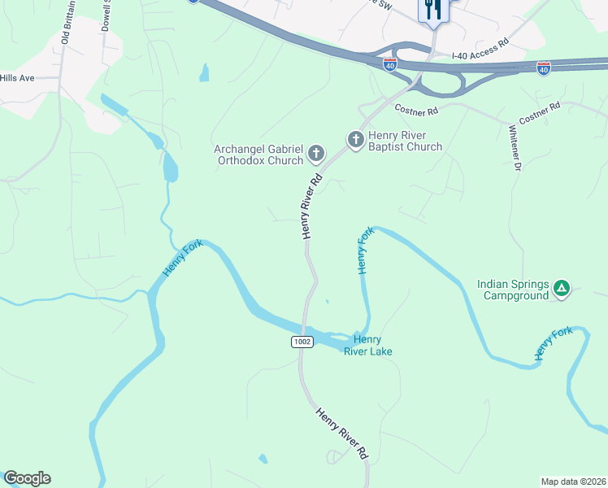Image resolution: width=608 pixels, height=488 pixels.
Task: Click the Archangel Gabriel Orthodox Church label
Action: tap(258, 155)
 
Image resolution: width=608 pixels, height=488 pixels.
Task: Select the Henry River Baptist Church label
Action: tap(405, 141)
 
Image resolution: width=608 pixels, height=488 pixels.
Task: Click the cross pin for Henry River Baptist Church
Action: tap(355, 141)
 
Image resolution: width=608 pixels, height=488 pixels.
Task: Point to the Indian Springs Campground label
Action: tap(514, 290)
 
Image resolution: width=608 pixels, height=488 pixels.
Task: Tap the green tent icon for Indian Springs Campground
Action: tap(561, 288)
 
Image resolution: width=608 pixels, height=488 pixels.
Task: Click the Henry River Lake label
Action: tap(372, 346)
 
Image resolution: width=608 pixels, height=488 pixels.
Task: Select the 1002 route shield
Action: tap(302, 342)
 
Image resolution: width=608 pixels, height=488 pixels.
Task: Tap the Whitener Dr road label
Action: tap(514, 147)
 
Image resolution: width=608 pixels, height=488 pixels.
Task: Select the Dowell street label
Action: tap(106, 15)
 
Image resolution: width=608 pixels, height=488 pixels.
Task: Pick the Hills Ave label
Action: tap(16, 78)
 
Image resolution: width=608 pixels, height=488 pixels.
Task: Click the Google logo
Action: tap(27, 478)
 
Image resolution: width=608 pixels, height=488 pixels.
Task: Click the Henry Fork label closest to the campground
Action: tap(554, 343)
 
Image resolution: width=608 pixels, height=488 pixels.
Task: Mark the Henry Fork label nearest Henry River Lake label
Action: tap(366, 251)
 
